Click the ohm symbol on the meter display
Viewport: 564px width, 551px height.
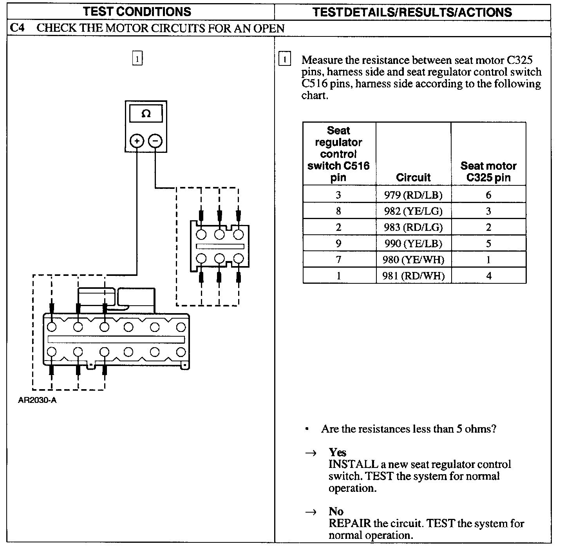pos(146,114)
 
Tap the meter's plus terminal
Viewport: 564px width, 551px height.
pos(137,141)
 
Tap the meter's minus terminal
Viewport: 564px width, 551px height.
pos(155,141)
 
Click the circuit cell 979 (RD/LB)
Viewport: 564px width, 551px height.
pos(413,195)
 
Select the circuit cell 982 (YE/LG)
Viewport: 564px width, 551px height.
pos(413,211)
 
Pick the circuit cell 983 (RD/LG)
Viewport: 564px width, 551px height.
pos(413,227)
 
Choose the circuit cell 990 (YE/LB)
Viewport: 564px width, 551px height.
pos(413,243)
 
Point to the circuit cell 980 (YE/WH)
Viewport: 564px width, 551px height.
pos(413,259)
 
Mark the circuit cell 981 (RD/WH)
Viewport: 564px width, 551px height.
pos(413,275)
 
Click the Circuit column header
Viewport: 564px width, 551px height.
pos(413,178)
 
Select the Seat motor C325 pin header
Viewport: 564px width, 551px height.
pos(488,172)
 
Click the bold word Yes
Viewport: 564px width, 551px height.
pos(337,453)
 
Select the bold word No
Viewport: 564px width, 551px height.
pos(336,511)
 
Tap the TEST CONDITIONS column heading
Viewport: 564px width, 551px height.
pos(137,11)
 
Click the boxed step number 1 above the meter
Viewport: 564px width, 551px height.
pos(137,59)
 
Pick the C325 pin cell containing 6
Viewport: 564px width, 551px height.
pos(488,195)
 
